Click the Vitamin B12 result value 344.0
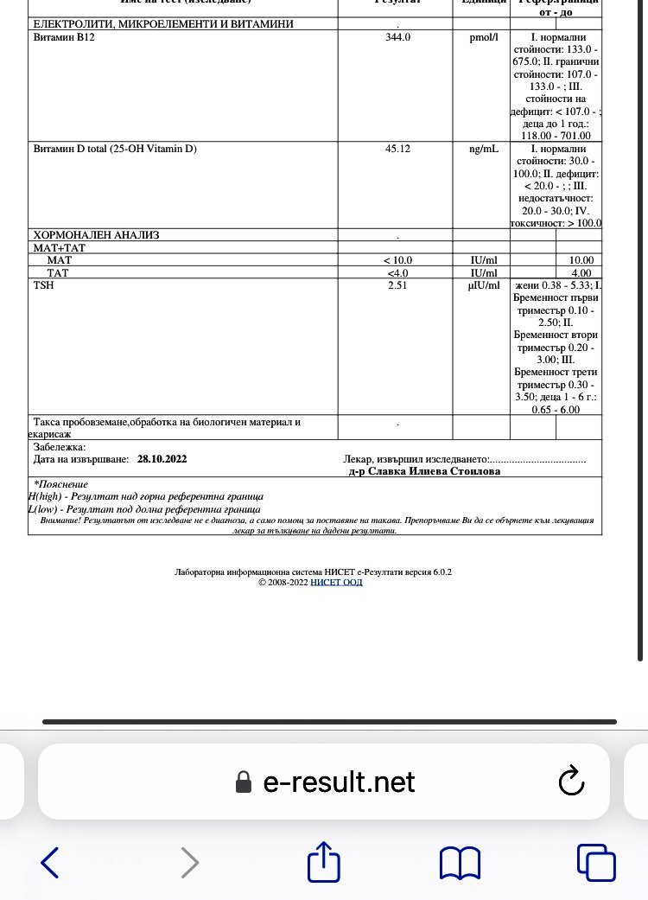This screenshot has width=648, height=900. (397, 38)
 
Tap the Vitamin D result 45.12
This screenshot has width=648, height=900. (397, 149)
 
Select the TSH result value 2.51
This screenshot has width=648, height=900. (397, 285)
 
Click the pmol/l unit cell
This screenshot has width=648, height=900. (481, 38)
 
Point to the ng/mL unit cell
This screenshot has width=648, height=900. (481, 149)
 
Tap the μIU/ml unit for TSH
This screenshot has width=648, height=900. (481, 285)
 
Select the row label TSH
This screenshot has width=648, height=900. (43, 285)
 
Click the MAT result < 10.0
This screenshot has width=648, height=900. (398, 260)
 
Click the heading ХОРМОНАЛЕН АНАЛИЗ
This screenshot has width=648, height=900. (96, 235)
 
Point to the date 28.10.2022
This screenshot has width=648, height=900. (162, 459)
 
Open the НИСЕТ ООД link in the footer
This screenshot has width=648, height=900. (336, 582)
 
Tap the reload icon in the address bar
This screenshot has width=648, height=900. (572, 782)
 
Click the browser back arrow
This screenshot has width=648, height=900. (50, 862)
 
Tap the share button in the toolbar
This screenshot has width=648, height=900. (325, 862)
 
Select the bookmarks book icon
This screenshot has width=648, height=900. (460, 862)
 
